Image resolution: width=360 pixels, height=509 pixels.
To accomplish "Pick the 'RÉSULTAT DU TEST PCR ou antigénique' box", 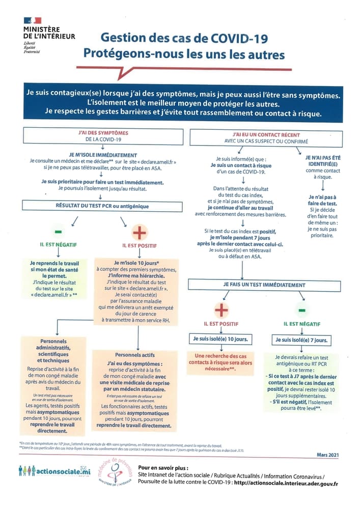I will pyautogui.click(x=100, y=206).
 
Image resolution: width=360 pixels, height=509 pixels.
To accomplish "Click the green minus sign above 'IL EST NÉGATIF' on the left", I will pyautogui.click(x=58, y=231).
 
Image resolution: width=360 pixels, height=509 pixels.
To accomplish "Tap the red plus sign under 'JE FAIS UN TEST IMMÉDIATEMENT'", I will pyautogui.click(x=221, y=309).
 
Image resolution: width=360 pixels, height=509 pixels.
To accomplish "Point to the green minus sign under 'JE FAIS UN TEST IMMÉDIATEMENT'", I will pyautogui.click(x=301, y=309).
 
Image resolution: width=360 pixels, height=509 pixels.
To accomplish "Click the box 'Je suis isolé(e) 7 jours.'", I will pyautogui.click(x=301, y=340).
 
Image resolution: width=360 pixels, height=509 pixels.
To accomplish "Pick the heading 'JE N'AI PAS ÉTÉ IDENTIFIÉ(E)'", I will pyautogui.click(x=323, y=161).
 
